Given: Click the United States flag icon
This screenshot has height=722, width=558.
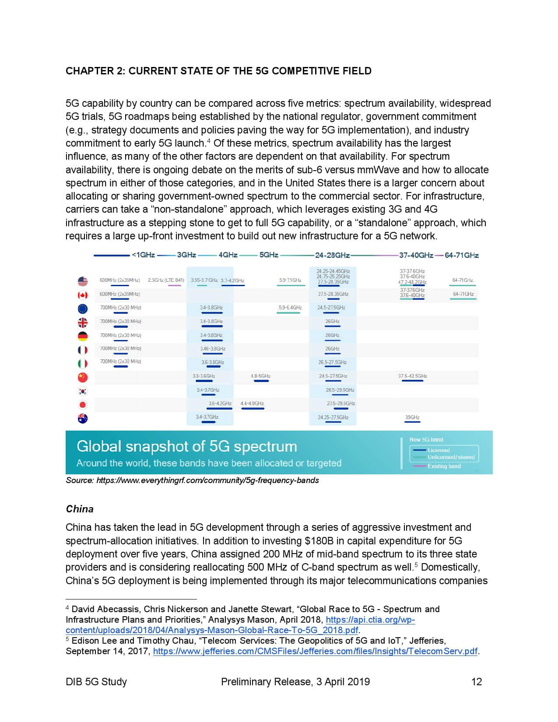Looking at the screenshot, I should point(82,281).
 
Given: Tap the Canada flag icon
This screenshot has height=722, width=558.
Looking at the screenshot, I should point(82,295).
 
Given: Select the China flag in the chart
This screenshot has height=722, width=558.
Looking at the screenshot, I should point(82,377).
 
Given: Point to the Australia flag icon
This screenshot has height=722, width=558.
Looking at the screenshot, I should point(82,418).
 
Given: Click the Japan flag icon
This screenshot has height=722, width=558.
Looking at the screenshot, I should point(82,405).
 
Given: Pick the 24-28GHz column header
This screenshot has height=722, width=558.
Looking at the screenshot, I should point(332,255).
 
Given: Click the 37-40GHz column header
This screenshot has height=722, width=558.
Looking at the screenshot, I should point(416,255).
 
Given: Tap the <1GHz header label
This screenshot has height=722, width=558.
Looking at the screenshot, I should point(143,255).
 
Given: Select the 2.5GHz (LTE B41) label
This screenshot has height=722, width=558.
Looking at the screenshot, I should point(166,280).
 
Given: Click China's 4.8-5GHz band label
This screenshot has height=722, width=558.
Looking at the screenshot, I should point(260,376).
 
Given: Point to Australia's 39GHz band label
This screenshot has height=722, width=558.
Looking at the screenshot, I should point(412,417).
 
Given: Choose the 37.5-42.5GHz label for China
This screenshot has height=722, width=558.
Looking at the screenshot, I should point(412,376).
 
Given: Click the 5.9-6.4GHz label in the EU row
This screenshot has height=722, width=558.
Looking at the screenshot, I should point(290,308).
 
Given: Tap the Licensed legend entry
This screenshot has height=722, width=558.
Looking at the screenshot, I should point(439,450).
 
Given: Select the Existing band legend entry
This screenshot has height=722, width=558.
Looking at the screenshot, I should point(444,466).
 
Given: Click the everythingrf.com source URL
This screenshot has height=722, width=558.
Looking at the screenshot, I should point(207,480).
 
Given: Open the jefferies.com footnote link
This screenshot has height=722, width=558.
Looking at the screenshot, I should point(315,651).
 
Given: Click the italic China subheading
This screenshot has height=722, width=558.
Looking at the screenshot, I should point(80,509).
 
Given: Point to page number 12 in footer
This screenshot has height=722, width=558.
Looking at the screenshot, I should point(477,682).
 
